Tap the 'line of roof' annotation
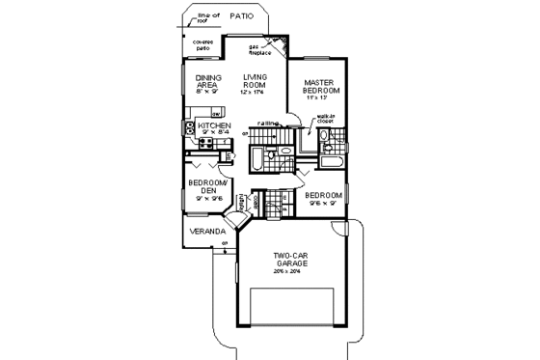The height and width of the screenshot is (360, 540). point(207,16)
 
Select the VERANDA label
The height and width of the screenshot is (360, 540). point(205,232)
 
